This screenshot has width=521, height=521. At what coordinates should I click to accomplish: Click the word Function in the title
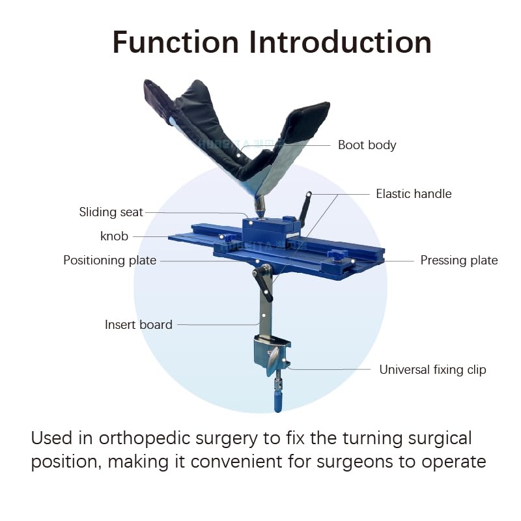point(176,42)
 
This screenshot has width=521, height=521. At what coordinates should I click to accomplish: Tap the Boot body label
point(367,145)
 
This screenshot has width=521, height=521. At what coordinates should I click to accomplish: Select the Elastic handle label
point(414,194)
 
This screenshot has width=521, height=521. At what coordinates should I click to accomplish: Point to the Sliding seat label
point(111,212)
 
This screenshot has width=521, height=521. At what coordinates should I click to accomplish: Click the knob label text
point(114,236)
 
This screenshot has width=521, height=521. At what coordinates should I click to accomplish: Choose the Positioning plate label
point(109,260)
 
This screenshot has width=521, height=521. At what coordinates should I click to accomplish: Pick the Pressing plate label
point(458,260)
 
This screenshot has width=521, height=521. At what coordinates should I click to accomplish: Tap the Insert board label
point(138,324)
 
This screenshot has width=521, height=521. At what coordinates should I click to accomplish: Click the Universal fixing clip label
point(432,370)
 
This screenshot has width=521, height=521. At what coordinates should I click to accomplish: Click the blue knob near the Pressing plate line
point(338,255)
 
